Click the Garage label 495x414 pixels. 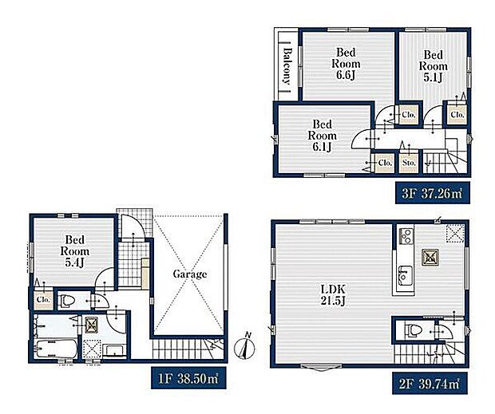(x=190, y=274)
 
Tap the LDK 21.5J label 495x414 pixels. (x=334, y=295)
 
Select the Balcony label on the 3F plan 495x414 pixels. (x=287, y=65)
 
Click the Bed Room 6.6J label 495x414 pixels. (x=346, y=63)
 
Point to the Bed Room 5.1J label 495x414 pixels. (x=433, y=66)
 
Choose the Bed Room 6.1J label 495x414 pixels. (x=322, y=136)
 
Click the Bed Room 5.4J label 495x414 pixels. (x=75, y=251)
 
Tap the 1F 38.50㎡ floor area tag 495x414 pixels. (x=188, y=378)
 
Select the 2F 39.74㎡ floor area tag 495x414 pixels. (x=430, y=384)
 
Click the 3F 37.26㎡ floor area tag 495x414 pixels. (x=433, y=193)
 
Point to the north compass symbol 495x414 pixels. (x=245, y=347)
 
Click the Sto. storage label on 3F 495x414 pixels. (x=409, y=163)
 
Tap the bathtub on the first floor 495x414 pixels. (x=57, y=349)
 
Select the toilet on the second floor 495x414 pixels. (x=414, y=331)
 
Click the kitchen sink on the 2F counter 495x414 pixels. (x=405, y=275)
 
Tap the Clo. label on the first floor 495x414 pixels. (x=43, y=299)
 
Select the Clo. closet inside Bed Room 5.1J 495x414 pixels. (x=457, y=114)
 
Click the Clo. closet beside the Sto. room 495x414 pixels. (x=385, y=163)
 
